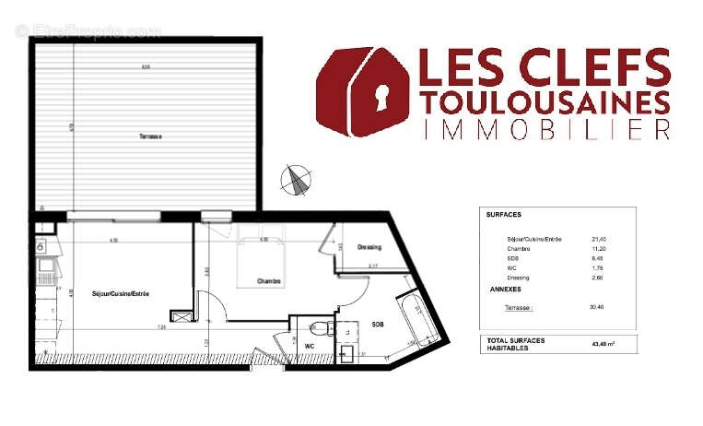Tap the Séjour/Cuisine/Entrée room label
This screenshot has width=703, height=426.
[121, 293]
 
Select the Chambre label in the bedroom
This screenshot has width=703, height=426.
[269, 281]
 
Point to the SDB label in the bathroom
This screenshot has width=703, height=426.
[378, 325]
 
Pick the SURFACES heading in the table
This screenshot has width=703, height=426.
[503, 214]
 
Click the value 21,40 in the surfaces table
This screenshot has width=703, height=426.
[600, 239]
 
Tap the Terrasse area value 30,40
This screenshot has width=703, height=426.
[600, 306]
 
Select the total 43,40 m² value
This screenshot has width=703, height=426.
[603, 344]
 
